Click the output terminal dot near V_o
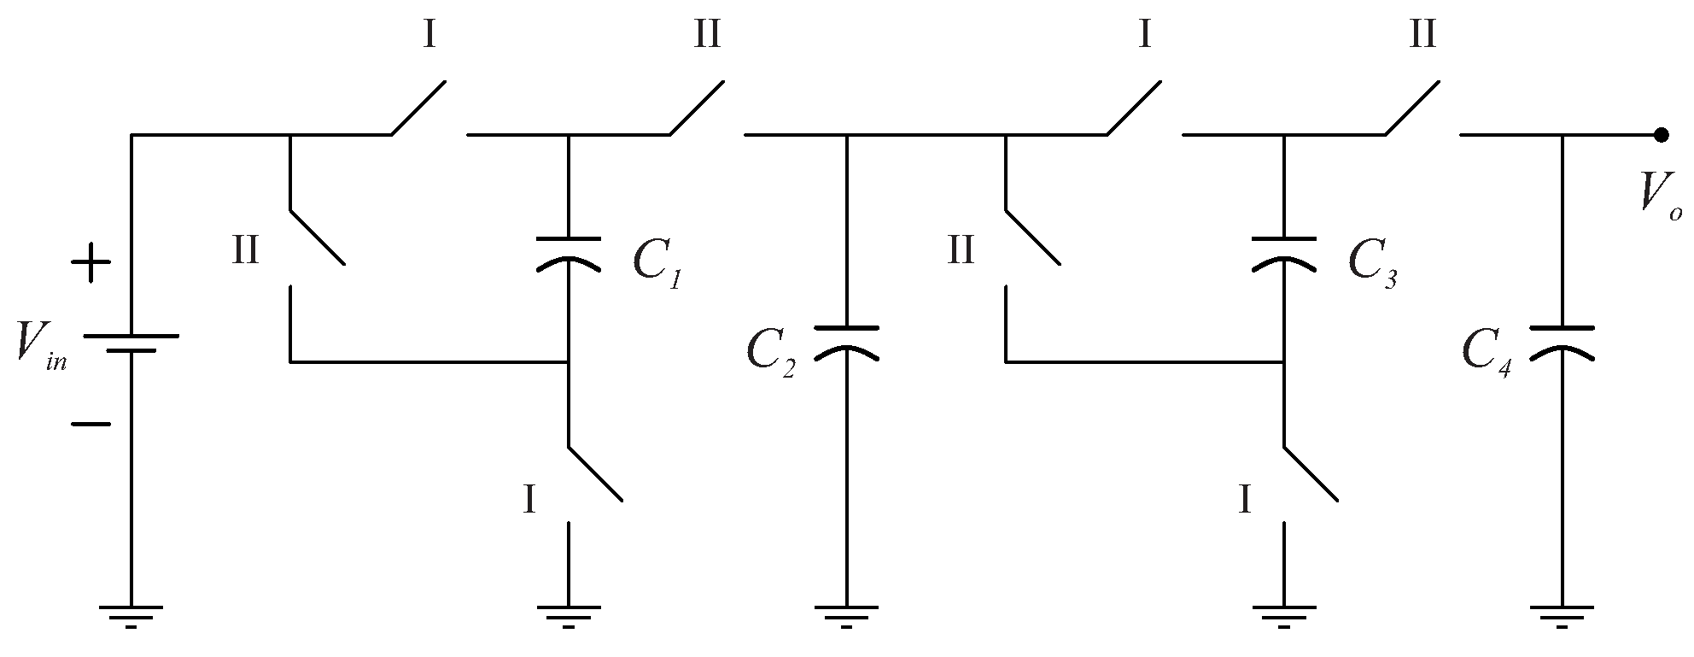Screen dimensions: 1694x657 point(1661,135)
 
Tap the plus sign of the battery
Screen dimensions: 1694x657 point(90,264)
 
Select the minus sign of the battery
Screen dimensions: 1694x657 point(90,424)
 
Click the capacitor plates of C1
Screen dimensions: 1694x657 point(569,253)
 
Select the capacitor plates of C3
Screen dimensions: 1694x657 point(1284,253)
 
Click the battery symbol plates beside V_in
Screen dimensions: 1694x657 point(131,342)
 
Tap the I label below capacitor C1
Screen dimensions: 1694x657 point(529,500)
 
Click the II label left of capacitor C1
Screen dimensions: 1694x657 point(246,252)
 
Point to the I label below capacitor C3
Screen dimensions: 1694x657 point(1245,500)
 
